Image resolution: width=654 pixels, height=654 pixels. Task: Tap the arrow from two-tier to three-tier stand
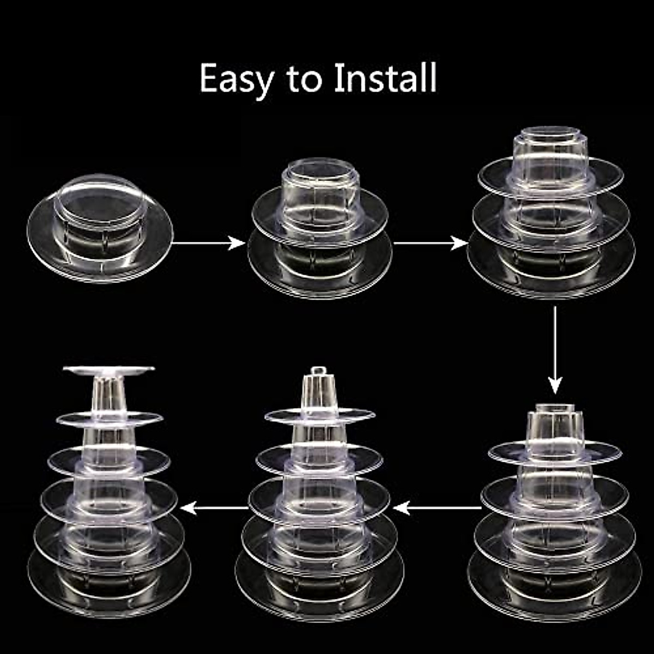pyautogui.click(x=431, y=243)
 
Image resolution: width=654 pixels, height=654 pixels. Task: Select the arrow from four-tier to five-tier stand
pyautogui.click(x=437, y=508)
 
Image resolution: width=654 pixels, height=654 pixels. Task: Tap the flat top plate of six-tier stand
pyautogui.click(x=108, y=370)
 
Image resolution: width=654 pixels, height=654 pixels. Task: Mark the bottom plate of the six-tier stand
pyautogui.click(x=109, y=586)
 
